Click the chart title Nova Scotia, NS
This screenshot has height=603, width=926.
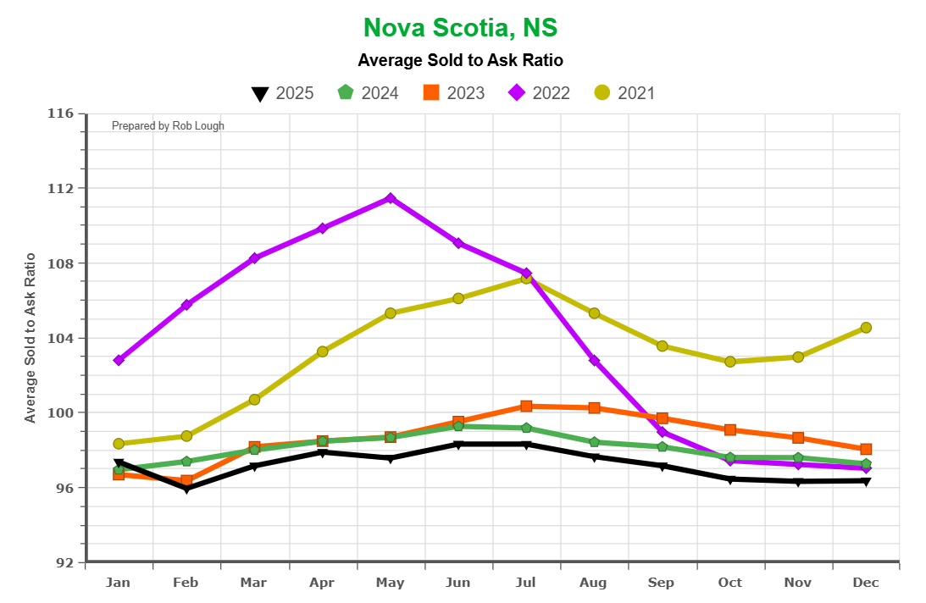(460, 28)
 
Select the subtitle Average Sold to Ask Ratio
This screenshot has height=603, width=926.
(460, 60)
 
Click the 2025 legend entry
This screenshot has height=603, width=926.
(283, 93)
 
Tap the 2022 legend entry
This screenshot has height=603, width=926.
(538, 93)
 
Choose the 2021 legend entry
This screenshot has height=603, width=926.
(624, 93)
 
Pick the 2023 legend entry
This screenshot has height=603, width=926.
(453, 93)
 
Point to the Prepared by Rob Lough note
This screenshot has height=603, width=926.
(168, 126)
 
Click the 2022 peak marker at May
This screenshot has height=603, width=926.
(391, 198)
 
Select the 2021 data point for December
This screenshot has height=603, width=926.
(866, 328)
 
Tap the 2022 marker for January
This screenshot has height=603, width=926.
(119, 360)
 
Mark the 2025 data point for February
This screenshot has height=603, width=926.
(186, 489)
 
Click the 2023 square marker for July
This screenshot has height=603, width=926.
(526, 407)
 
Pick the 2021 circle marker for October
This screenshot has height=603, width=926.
(730, 362)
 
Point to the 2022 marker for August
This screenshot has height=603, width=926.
(594, 361)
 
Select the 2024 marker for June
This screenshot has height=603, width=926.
(458, 426)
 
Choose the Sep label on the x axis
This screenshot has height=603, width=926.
(661, 583)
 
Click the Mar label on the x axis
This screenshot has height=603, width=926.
(253, 583)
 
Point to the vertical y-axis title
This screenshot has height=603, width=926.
(30, 337)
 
